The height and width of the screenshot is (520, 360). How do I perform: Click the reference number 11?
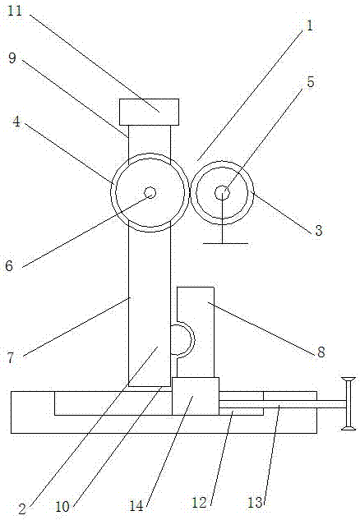click(x=15, y=11)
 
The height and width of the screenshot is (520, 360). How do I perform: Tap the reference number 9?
click(x=12, y=58)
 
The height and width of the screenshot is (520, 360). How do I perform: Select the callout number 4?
click(x=16, y=122)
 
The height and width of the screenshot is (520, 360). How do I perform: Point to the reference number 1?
click(x=310, y=25)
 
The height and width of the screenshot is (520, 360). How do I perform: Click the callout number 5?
click(x=311, y=82)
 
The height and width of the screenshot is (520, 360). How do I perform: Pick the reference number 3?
click(x=319, y=229)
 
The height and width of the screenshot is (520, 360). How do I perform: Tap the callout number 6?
click(x=9, y=265)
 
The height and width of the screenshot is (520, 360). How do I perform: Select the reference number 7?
click(x=11, y=358)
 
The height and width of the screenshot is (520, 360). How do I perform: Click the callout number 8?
click(x=321, y=352)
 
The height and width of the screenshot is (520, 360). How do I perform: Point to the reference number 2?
click(x=22, y=509)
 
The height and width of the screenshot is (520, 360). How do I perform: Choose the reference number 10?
click(x=62, y=506)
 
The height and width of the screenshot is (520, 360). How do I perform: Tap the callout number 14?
click(x=136, y=506)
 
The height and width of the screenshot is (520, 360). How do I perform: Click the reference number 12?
click(x=200, y=503)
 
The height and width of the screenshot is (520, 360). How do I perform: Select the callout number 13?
click(x=256, y=503)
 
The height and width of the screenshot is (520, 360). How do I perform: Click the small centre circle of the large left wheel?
click(x=150, y=192)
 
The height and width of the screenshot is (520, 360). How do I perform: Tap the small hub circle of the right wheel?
click(x=222, y=193)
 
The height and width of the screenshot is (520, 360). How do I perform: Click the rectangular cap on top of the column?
click(x=150, y=112)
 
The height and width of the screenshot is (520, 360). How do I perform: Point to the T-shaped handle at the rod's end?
click(x=348, y=403)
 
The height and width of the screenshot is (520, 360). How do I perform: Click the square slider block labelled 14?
click(x=196, y=396)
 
